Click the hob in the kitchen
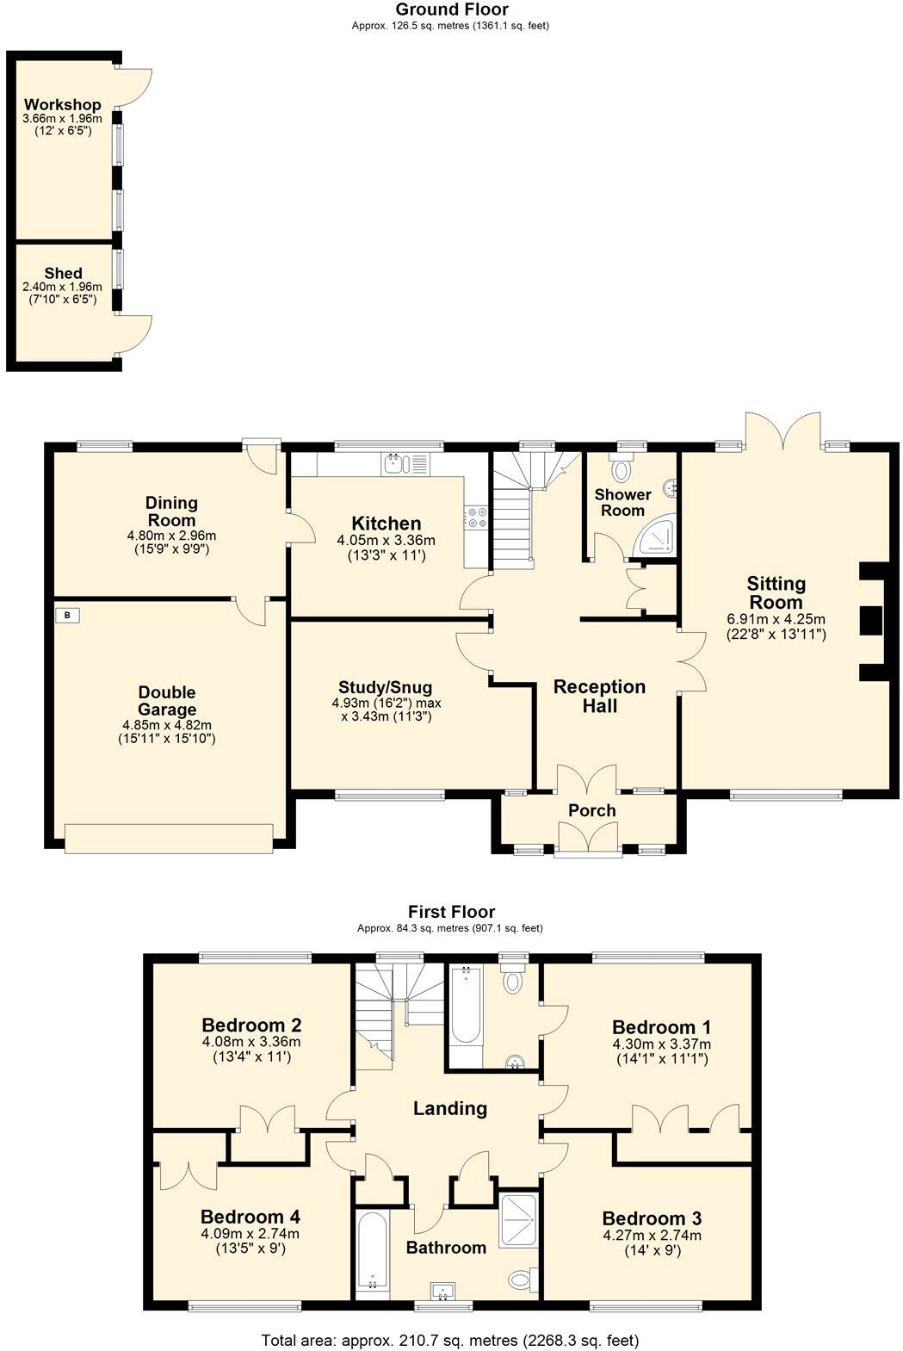tap(476, 517)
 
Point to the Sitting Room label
tap(776, 592)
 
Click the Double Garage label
tap(167, 701)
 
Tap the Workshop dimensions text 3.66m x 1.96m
tap(62, 119)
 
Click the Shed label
tap(63, 273)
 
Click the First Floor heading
tap(451, 911)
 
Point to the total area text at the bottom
tap(450, 1340)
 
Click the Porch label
tap(591, 810)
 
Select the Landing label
tap(449, 1108)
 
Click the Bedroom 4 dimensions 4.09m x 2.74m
tap(250, 1233)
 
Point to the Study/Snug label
tap(385, 687)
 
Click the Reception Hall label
tap(599, 696)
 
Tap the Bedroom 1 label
tap(661, 1026)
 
